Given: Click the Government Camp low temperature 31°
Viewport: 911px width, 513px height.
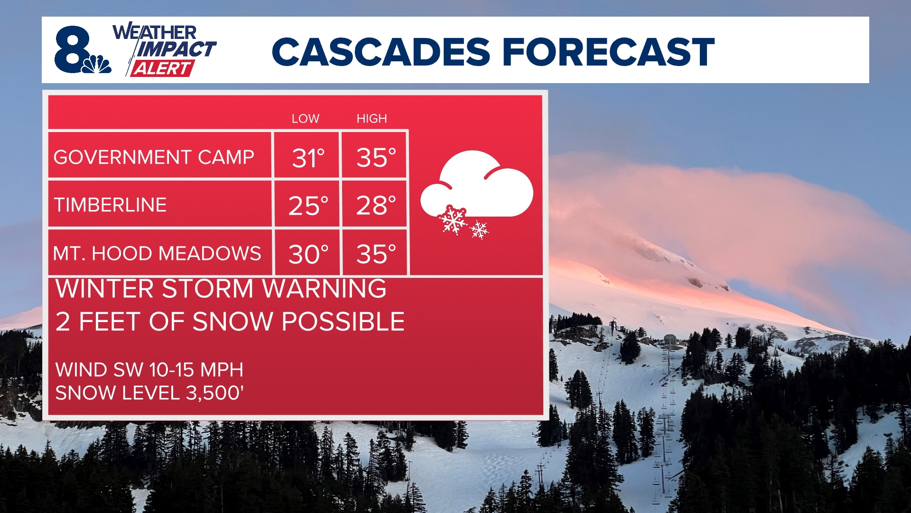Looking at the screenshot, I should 308,158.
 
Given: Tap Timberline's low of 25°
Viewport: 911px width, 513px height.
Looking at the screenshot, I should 308,206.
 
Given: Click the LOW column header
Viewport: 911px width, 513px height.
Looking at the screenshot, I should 305,119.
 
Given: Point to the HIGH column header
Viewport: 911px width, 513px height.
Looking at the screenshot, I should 372,119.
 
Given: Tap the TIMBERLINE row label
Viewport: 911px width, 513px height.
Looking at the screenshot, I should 110,205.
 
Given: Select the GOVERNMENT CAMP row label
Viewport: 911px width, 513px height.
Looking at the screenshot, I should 154,157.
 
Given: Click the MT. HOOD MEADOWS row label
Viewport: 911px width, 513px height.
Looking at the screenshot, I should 157,254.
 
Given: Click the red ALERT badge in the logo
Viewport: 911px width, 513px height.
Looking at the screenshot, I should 161,68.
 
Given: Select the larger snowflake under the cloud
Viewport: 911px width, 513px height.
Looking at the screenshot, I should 453,220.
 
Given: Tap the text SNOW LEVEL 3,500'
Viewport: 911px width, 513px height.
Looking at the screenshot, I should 149,393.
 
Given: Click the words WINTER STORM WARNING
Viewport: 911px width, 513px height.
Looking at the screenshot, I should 221,289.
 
